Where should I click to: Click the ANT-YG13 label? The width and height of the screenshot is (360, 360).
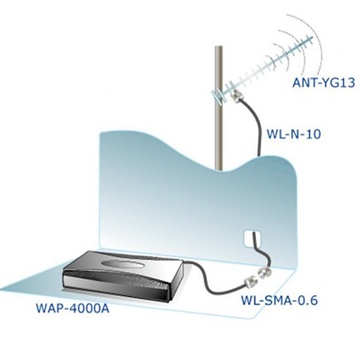pyautogui.click(x=324, y=82)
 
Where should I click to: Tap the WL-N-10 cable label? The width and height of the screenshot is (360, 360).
pyautogui.click(x=293, y=134)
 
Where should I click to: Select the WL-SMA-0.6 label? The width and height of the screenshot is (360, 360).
pyautogui.click(x=279, y=300)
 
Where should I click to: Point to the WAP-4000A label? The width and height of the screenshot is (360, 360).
pyautogui.click(x=73, y=308)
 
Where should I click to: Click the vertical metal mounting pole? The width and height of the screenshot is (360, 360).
pyautogui.click(x=219, y=108)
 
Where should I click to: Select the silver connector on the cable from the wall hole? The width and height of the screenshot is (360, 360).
pyautogui.click(x=264, y=273)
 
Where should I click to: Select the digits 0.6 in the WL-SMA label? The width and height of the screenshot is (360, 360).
pyautogui.click(x=308, y=300)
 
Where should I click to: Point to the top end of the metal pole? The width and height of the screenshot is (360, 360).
pyautogui.click(x=219, y=46)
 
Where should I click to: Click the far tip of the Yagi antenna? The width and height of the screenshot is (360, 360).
pyautogui.click(x=312, y=37)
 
